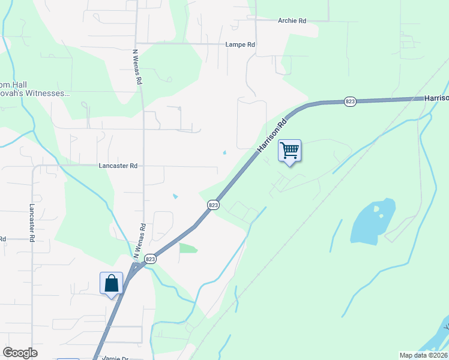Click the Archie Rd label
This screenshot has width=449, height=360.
292,20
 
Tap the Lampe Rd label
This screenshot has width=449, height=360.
240,44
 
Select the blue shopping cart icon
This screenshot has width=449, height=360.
289,150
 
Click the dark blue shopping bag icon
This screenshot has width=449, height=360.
112,283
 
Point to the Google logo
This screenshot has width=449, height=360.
20,353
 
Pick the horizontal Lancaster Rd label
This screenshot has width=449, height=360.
118,166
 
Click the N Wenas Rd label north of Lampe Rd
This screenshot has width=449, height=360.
137,67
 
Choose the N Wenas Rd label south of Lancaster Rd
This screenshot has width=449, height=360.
140,242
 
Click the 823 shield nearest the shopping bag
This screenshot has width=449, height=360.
150,259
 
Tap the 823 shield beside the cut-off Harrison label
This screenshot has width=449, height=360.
350,102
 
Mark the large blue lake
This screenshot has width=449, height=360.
372,222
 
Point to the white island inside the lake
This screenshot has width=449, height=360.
377,209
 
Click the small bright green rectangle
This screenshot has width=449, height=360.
188,248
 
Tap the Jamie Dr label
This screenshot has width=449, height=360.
115,358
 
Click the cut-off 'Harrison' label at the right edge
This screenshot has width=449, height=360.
436,98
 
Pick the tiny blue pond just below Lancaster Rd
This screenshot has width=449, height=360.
175,196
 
